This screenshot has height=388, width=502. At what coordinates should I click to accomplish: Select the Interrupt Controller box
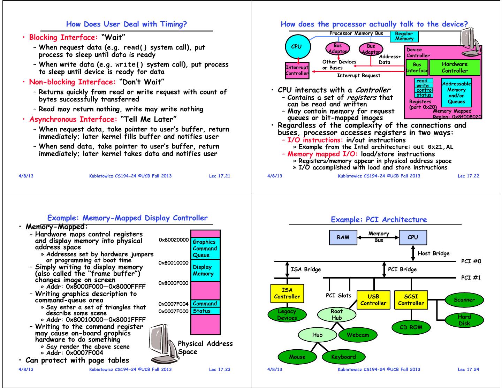[x=297, y=70]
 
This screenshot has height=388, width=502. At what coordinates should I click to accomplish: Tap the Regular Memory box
[x=404, y=36]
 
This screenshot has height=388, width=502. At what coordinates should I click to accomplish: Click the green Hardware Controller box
[x=455, y=67]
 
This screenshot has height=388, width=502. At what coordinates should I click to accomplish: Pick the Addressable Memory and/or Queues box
[x=456, y=92]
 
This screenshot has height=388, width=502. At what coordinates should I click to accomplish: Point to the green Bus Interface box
[x=417, y=67]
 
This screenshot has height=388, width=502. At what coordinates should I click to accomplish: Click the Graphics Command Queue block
[x=205, y=248]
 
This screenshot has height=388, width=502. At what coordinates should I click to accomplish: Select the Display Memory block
[x=205, y=270]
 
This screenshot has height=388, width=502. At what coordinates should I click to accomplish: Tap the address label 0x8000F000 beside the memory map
[x=173, y=283]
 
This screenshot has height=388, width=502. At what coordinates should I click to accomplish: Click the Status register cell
[x=205, y=311]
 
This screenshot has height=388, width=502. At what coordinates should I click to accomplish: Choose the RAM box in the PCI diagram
[x=343, y=237]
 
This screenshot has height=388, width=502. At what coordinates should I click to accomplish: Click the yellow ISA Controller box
[x=287, y=293]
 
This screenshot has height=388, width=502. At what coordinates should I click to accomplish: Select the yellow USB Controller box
[x=373, y=300]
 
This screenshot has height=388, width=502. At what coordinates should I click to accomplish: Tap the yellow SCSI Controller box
[x=411, y=300]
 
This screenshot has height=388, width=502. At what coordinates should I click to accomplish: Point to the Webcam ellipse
[x=358, y=335]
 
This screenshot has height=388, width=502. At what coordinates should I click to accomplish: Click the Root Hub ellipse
[x=336, y=314]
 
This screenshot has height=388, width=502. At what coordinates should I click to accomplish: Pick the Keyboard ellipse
[x=343, y=357]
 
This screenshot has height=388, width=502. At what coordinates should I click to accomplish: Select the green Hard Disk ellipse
[x=464, y=320]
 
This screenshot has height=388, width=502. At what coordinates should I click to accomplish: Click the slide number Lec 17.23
[x=220, y=370]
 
